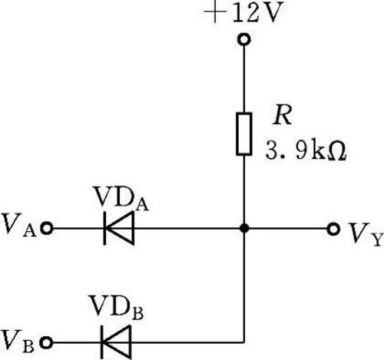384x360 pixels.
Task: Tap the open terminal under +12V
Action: tap(244, 40)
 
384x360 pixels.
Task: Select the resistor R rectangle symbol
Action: tap(244, 134)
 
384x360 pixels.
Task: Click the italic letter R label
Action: tap(282, 115)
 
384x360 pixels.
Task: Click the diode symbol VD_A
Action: tap(119, 228)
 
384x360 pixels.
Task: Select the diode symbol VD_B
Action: tap(116, 342)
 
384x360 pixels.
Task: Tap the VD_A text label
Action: tap(121, 200)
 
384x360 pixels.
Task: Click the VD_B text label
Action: tap(116, 308)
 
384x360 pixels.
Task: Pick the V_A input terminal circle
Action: tap(47, 228)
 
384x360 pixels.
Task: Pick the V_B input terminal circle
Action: tap(47, 342)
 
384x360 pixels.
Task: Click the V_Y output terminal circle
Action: tap(333, 229)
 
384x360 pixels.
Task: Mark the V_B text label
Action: tap(18, 341)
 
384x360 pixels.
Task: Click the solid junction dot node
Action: tap(244, 228)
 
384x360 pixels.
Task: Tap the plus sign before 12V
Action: tap(215, 12)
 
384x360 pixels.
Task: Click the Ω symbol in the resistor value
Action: tap(339, 151)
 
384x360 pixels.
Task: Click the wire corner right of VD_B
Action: tap(244, 342)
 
